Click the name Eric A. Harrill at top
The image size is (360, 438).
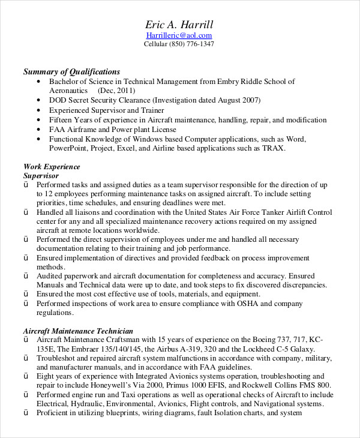pyautogui.click(x=179, y=25)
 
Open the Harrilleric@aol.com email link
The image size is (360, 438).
pyautogui.click(x=179, y=35)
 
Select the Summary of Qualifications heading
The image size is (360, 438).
pyautogui.click(x=71, y=71)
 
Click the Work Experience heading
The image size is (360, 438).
pyautogui.click(x=52, y=167)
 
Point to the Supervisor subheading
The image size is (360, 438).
pyautogui.click(x=41, y=176)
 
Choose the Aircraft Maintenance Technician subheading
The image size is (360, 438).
pyautogui.click(x=78, y=331)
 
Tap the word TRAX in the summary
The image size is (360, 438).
pyautogui.click(x=273, y=148)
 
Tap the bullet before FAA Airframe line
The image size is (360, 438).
pyautogui.click(x=39, y=129)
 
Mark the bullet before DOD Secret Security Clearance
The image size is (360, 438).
pyautogui.click(x=39, y=100)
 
